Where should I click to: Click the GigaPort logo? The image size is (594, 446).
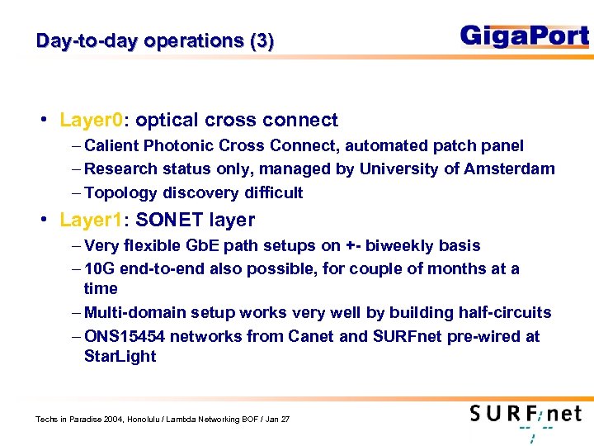(524, 36)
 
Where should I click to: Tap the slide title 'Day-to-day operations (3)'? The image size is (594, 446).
(155, 41)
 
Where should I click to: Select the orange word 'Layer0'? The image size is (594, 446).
(91, 121)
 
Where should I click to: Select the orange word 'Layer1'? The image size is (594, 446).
(90, 221)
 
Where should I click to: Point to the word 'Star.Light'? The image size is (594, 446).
(120, 357)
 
